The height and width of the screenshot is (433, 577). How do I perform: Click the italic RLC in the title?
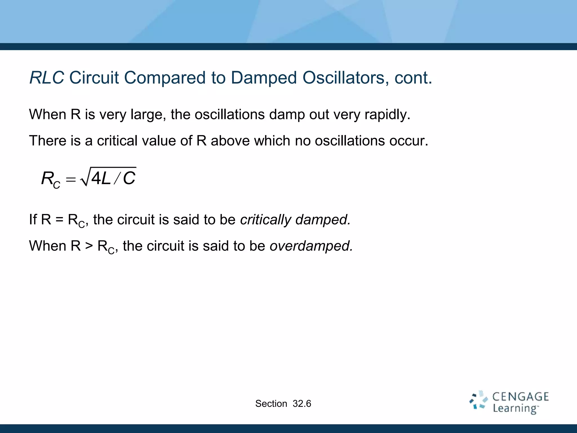point(47,78)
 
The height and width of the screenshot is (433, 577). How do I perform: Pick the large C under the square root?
point(129,178)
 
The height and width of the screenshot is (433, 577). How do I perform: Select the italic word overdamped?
point(311,246)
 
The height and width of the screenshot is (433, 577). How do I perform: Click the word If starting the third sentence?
point(33,220)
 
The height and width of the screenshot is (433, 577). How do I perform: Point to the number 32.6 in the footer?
point(302,404)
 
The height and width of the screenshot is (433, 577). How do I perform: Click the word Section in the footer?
point(271,404)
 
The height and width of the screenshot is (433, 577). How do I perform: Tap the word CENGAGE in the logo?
point(520,397)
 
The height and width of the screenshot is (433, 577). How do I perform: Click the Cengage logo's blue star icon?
point(478,400)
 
